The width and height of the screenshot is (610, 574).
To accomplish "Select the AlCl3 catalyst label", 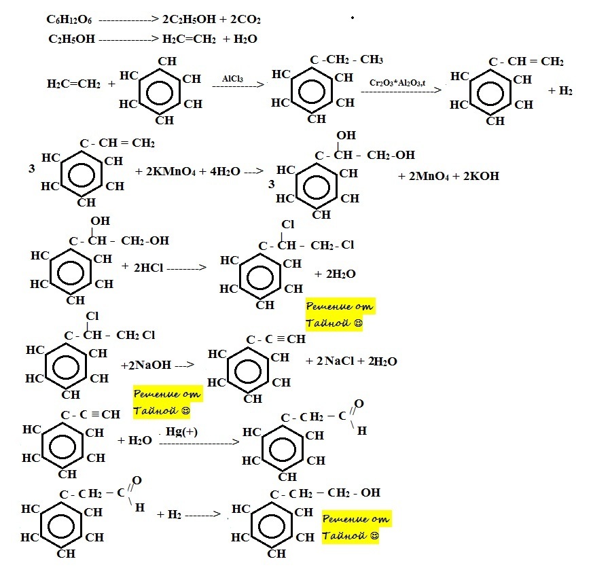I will point(234,79).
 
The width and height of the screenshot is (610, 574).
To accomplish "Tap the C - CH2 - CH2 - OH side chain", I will point(325,493).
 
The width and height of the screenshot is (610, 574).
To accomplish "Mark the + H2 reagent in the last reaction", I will point(169,514).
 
